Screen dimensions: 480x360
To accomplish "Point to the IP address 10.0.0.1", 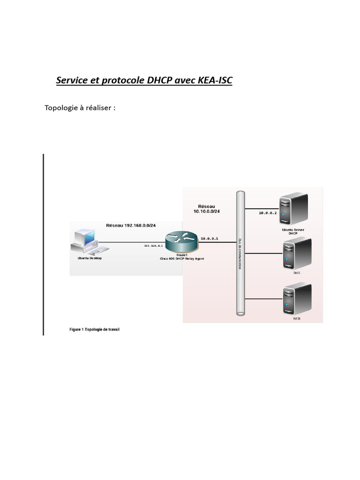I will click(210, 239).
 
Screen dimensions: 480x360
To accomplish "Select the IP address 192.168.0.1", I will click(153, 246).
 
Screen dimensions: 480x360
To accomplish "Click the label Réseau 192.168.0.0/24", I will click(131, 225).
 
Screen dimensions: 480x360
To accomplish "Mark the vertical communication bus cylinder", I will click(241, 253).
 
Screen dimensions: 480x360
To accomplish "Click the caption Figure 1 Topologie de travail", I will click(94, 330).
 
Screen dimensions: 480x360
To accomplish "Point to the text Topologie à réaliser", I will click(80, 108).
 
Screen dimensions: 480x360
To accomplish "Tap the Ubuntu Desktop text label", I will click(90, 258).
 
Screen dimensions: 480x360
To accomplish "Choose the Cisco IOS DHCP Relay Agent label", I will click(182, 259).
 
